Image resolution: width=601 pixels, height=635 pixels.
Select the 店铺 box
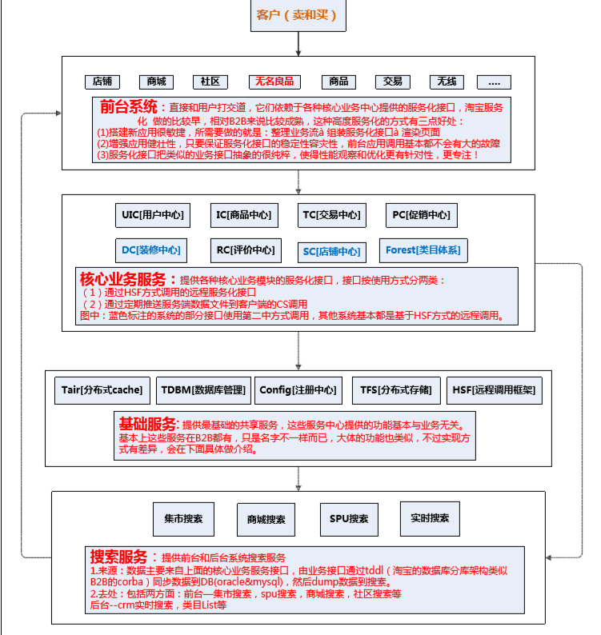102,82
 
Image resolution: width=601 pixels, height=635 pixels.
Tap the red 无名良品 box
274,82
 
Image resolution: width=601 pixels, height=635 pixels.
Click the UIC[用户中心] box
153,214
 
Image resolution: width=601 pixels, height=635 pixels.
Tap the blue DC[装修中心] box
150,250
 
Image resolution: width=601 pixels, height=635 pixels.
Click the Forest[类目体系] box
423,250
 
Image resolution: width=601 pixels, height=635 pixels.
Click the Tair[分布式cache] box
102,390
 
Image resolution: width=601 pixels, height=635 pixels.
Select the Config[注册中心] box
298,390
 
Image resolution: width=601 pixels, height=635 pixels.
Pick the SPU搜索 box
349,519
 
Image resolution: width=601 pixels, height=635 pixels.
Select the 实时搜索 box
430,518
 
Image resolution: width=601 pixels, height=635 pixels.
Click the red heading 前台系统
129,106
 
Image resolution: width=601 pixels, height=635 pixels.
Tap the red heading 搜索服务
119,557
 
